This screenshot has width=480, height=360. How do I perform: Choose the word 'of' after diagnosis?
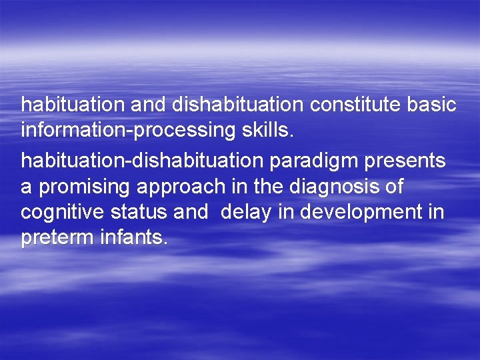[393, 187]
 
